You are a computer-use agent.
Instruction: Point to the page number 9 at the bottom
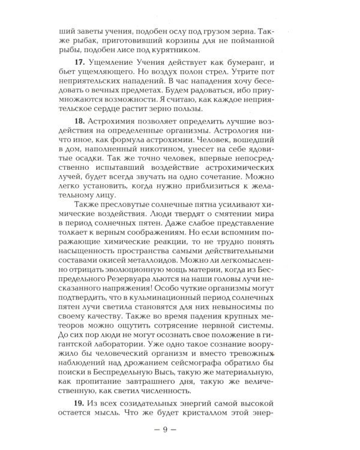click(x=180, y=431)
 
